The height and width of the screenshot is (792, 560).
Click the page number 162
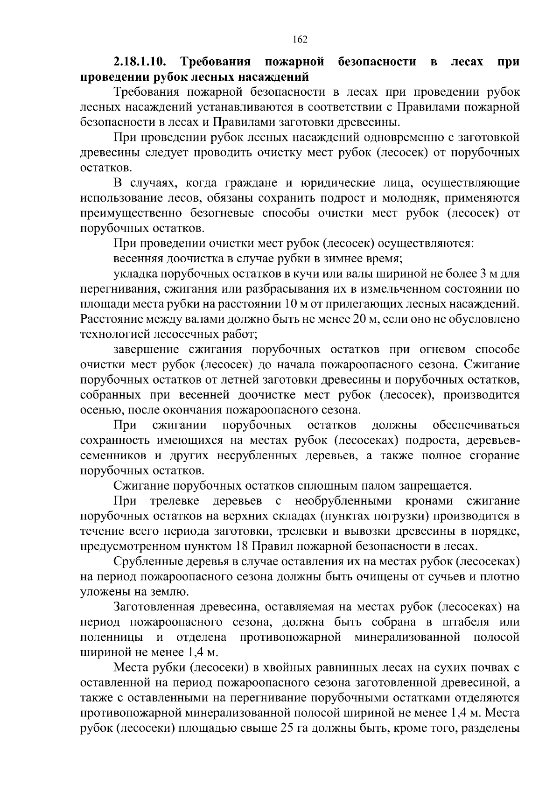[x=300, y=40]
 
